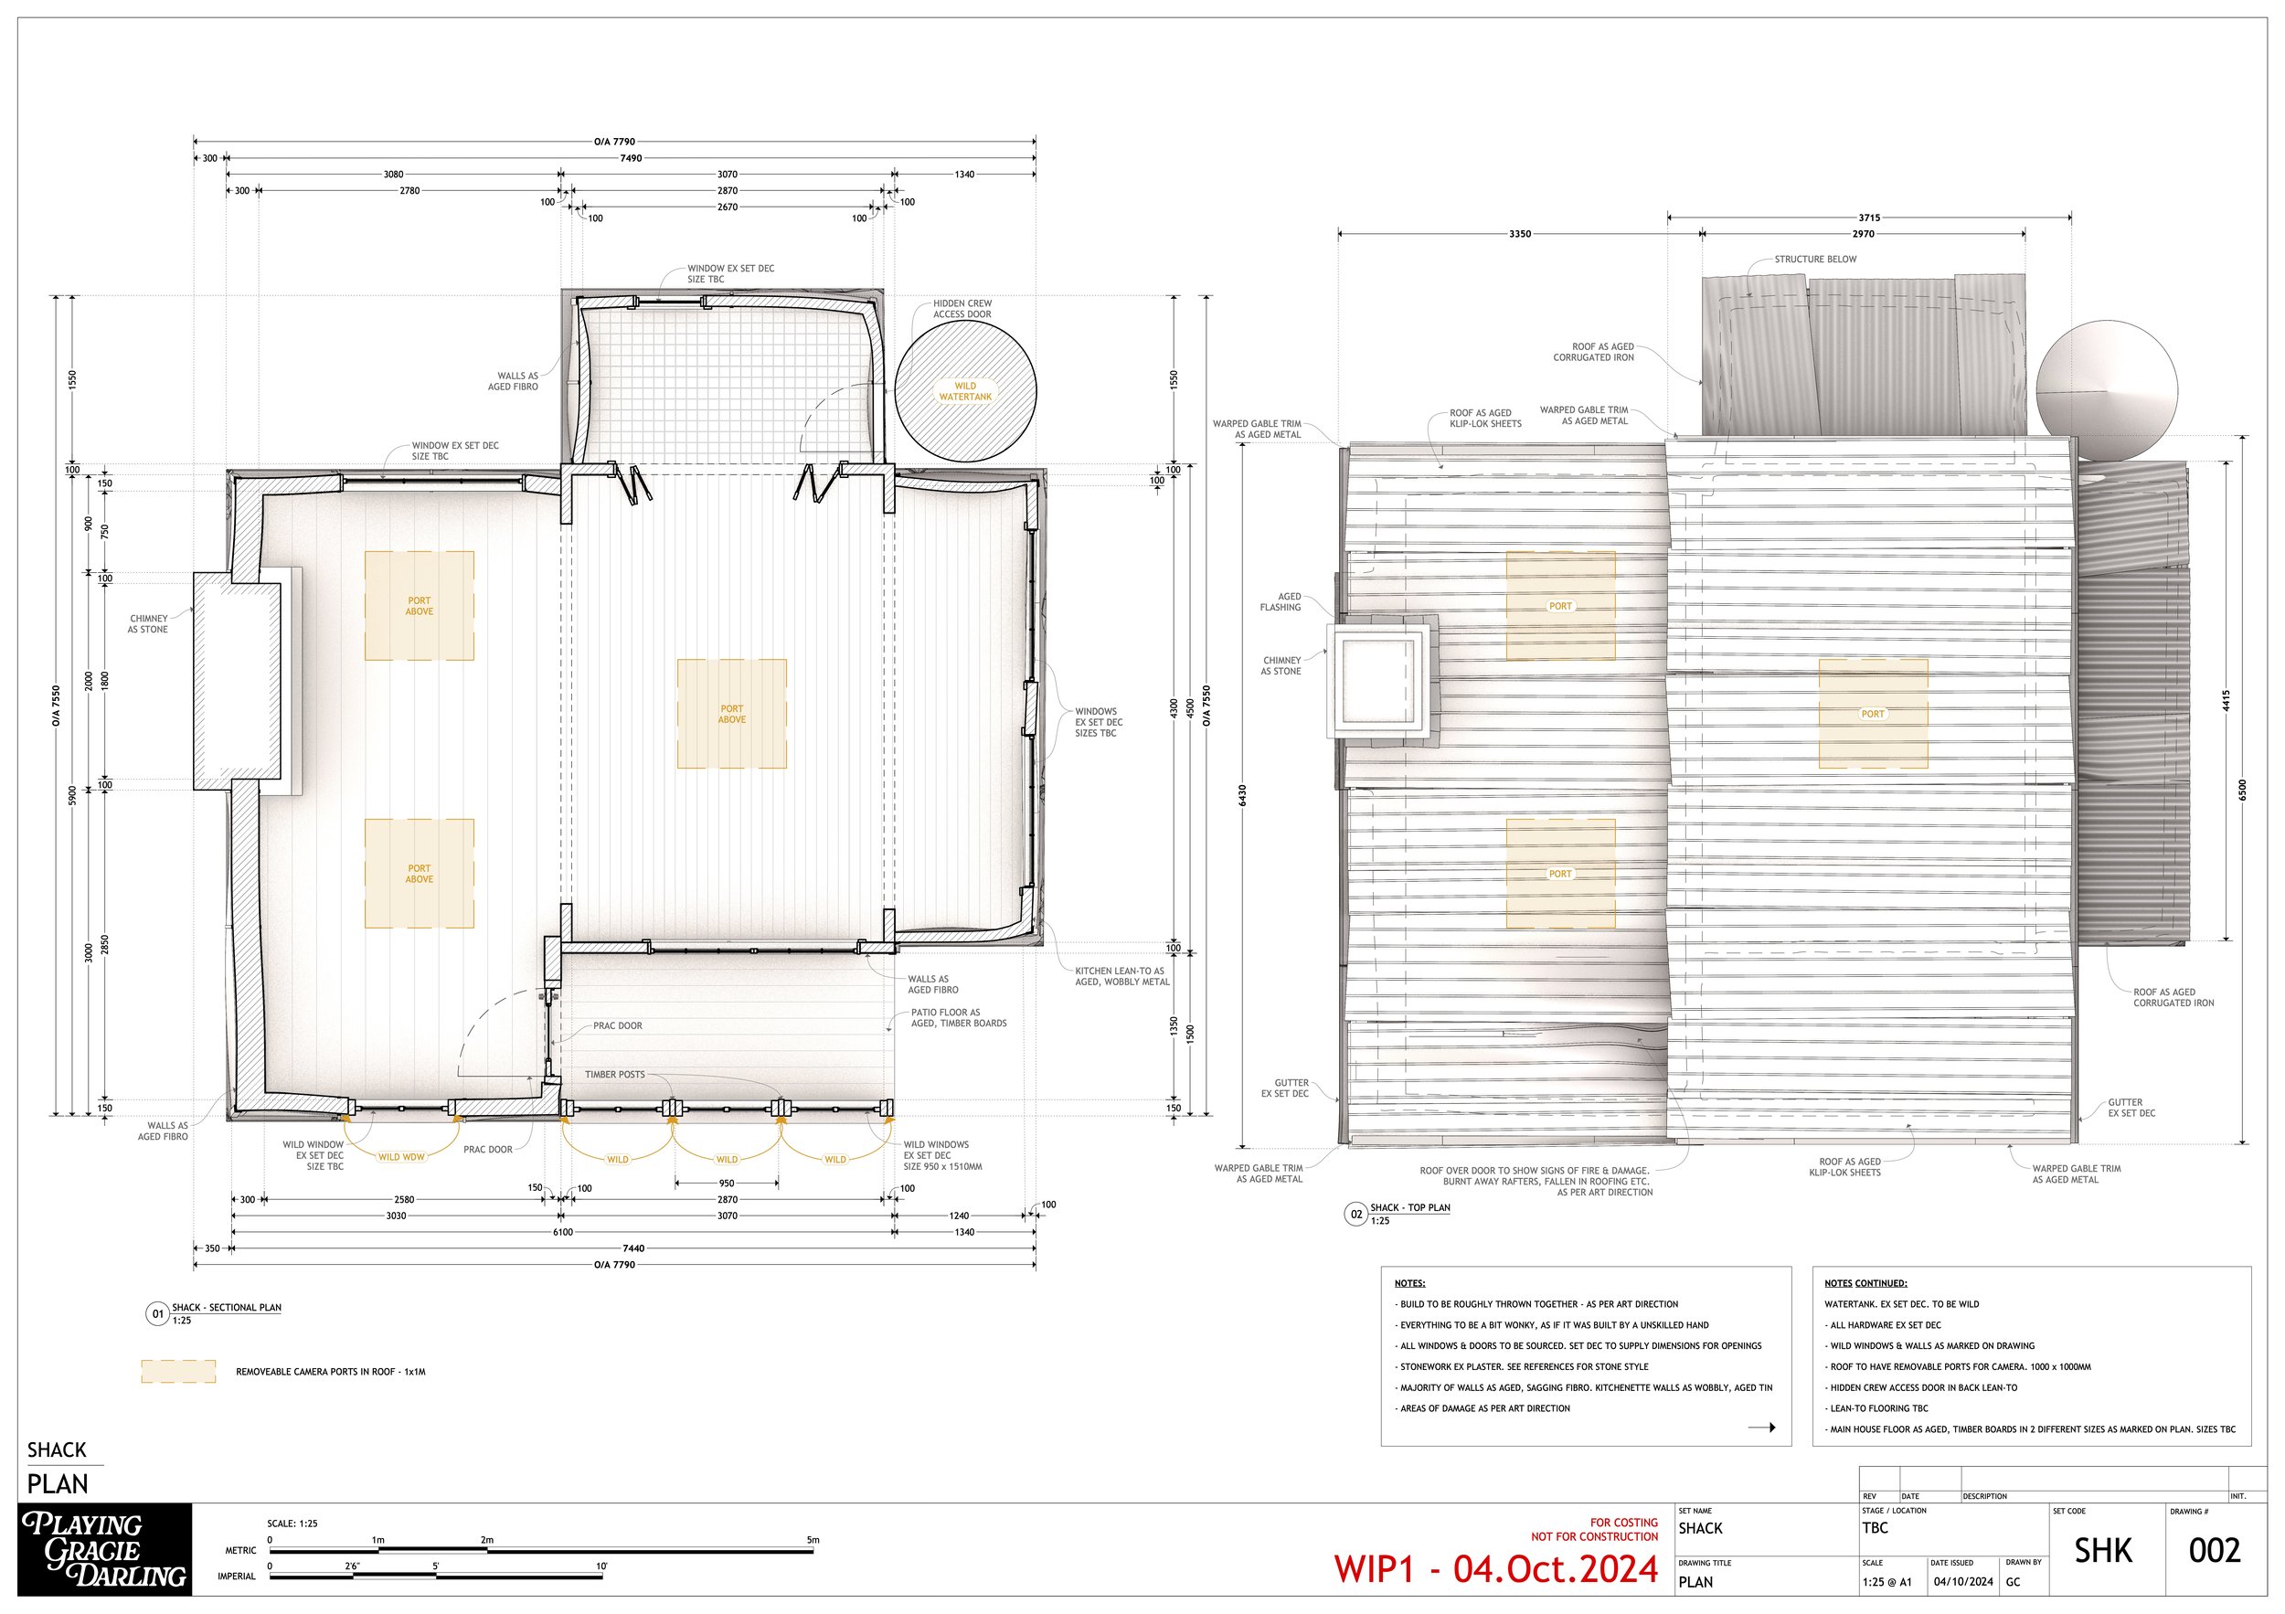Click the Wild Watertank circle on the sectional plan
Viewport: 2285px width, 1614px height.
pos(965,390)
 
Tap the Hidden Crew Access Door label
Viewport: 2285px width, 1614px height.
pos(962,310)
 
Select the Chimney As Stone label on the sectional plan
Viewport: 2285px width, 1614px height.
pos(147,624)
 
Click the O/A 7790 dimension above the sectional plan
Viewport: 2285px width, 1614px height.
pos(614,143)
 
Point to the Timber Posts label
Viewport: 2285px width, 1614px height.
pos(614,1075)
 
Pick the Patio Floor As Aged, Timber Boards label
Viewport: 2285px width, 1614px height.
pos(959,1018)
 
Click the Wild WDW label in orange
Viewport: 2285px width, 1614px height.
pos(401,1157)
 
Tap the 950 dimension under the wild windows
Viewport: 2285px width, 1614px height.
pos(727,1184)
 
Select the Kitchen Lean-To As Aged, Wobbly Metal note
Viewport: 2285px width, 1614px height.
pos(1121,976)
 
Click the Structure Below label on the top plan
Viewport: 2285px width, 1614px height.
pos(1815,260)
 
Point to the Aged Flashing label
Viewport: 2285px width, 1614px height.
pos(1289,602)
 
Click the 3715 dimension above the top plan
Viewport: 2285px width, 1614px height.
pos(1869,217)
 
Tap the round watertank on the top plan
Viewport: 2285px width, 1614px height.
pos(2107,389)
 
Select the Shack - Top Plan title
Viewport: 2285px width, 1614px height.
pos(1409,1208)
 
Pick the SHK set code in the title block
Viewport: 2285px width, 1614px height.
pos(2103,1551)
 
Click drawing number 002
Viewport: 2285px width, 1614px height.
pos(2215,1551)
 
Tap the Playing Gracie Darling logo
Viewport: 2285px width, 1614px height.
pos(104,1550)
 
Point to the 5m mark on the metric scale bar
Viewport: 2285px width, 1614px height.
pos(813,1540)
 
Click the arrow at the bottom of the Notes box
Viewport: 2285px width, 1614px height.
pos(1760,1428)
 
